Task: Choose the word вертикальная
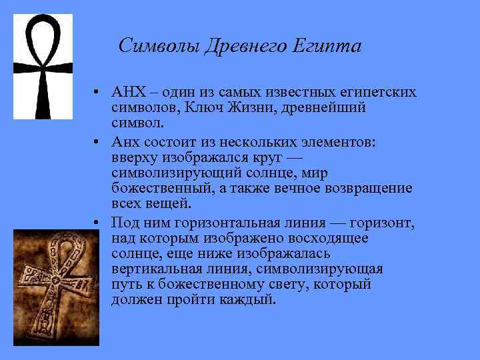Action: click(x=156, y=269)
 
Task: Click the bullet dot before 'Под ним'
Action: click(x=97, y=222)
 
